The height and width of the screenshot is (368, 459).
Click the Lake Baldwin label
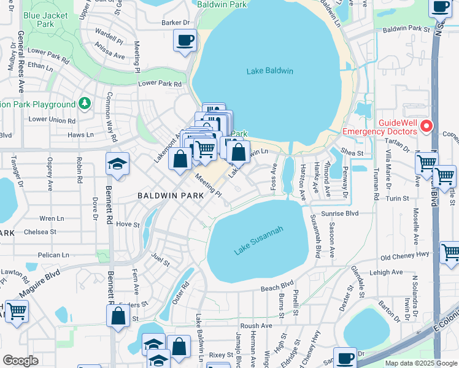[x=269, y=71]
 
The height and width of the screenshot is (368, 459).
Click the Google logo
[x=20, y=360]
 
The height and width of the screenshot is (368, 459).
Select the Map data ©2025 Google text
[x=421, y=363]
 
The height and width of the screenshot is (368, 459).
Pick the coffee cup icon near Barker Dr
[x=185, y=41]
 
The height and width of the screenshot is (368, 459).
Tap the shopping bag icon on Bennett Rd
[x=118, y=316]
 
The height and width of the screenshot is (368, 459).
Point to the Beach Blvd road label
[x=277, y=286]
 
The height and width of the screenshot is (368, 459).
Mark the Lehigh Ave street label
[x=385, y=272]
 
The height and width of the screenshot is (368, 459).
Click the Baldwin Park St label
[x=406, y=29]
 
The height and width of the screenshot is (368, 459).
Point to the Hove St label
[x=128, y=224]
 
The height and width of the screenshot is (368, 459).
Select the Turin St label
[x=398, y=199]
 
